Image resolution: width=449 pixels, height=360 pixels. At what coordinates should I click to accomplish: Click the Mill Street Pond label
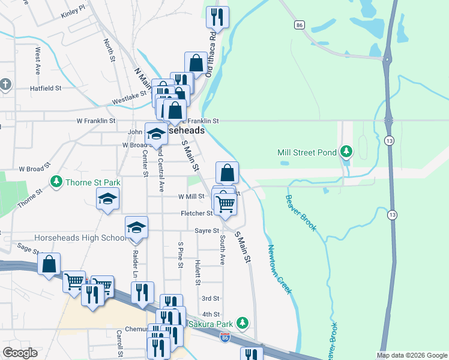point(306,152)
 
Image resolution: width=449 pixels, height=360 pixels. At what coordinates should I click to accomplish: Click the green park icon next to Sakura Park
point(243,323)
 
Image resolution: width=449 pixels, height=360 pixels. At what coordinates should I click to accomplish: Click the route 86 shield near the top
point(299,25)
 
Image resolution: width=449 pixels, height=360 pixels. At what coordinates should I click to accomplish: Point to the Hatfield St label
point(46,88)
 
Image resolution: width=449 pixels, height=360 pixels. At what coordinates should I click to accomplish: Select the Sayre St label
point(206,230)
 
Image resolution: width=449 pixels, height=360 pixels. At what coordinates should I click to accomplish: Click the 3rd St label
point(210,298)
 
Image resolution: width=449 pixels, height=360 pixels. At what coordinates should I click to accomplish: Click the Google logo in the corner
point(19,353)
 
